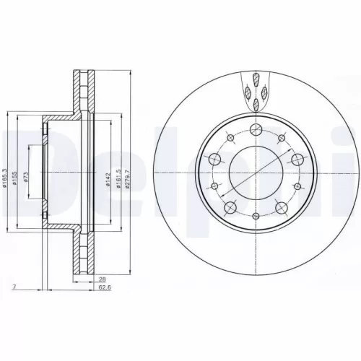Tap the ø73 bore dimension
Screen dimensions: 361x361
pyautogui.click(x=27, y=180)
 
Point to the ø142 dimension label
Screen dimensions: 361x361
pyautogui.click(x=108, y=180)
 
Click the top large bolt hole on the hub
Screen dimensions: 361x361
pyautogui.click(x=254, y=130)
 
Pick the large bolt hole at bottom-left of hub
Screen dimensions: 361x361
pyautogui.click(x=230, y=208)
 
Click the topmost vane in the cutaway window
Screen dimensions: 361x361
pyautogui.click(x=255, y=77)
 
